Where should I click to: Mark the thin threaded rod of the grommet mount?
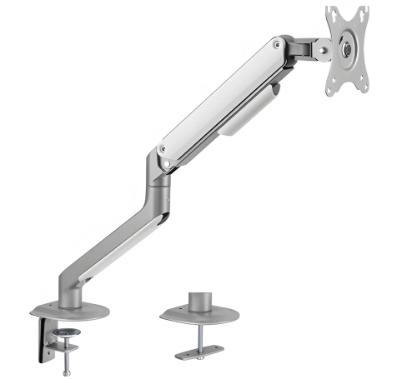coord(199,337)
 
